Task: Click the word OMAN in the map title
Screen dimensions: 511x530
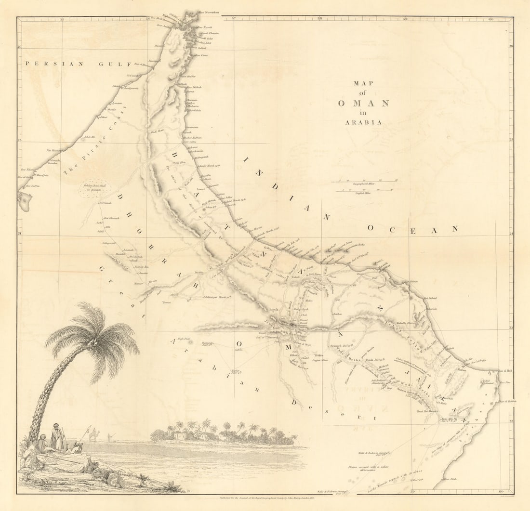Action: click(x=363, y=103)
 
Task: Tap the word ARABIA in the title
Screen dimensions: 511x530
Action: click(x=363, y=122)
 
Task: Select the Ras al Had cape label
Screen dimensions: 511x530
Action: click(x=504, y=370)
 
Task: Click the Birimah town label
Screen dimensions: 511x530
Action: click(x=105, y=203)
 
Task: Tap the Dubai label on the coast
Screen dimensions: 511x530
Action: click(x=103, y=117)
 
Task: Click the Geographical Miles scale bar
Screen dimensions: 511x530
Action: click(x=364, y=182)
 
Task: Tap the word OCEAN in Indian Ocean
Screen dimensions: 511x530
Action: click(x=412, y=229)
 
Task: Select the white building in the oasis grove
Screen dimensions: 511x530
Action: click(x=181, y=436)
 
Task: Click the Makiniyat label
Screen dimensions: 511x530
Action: click(x=215, y=297)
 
